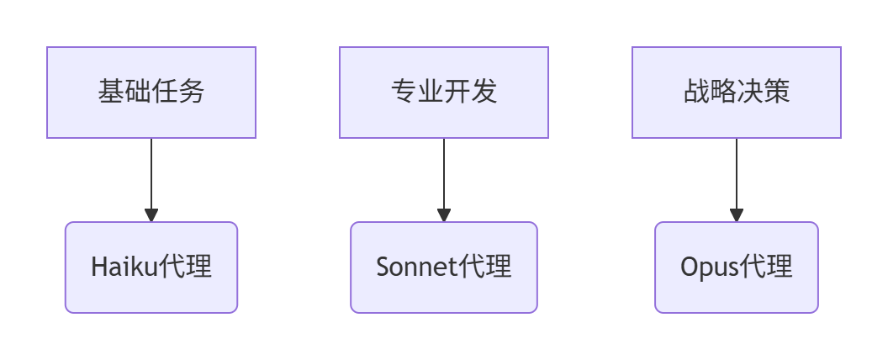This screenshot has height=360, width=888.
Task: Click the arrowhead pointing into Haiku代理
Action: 151,215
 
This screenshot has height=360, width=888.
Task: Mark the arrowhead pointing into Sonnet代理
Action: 444,215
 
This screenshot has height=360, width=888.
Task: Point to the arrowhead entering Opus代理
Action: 737,215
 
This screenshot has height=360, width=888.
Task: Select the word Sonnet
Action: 416,267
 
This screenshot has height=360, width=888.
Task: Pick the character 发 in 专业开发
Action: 484,92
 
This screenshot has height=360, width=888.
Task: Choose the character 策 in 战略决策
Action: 777,92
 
